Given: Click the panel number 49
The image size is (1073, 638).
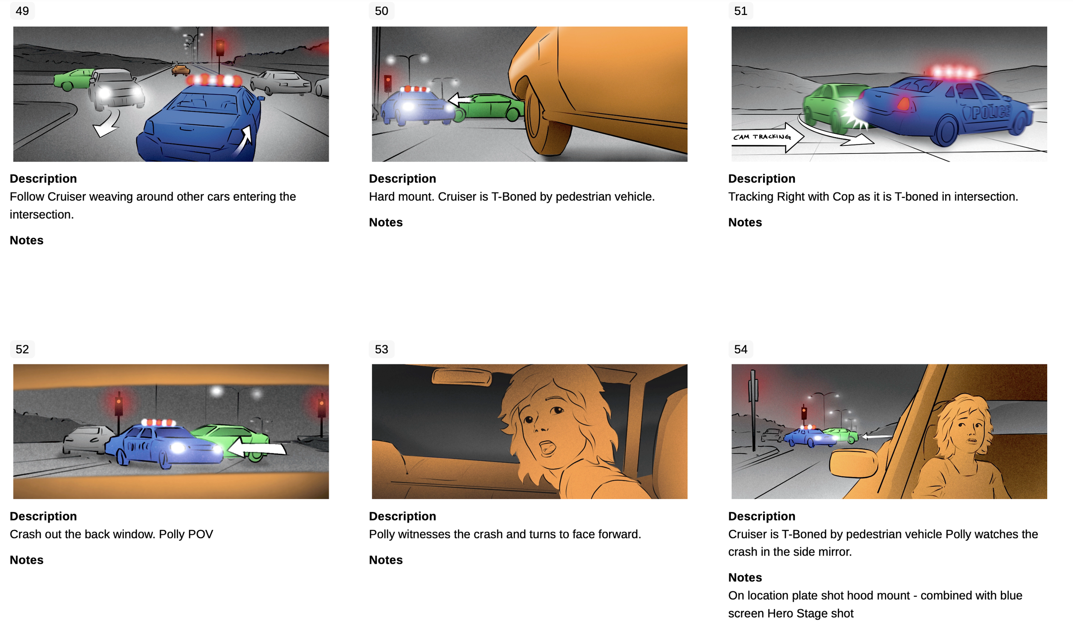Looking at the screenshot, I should (22, 11).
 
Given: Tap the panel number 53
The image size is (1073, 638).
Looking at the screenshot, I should (381, 349).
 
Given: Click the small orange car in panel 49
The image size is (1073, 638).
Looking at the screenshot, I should (180, 70).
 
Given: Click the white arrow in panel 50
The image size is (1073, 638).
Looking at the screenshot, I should (461, 100).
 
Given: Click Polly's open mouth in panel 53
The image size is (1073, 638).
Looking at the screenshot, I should (547, 448).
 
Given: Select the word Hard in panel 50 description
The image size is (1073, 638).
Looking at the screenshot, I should (381, 196).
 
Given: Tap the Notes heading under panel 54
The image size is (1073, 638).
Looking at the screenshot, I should (745, 577).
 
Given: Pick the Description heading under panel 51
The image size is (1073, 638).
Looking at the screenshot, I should (761, 178).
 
